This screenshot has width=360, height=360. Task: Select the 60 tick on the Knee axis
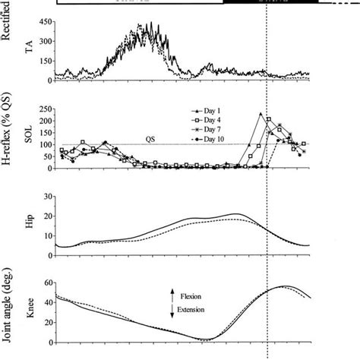click(x=46, y=281)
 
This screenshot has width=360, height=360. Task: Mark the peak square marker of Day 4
click(x=269, y=119)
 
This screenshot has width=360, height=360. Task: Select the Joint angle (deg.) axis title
click(x=10, y=307)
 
